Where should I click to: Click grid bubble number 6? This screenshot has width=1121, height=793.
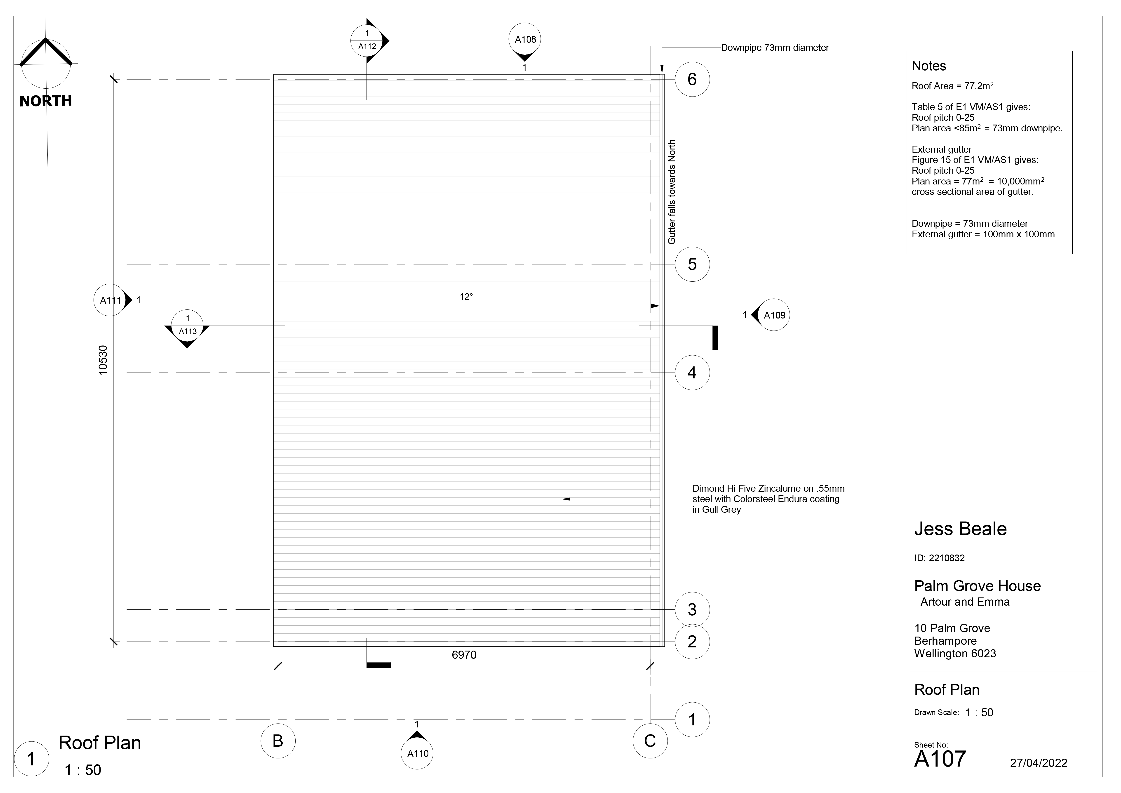pos(692,79)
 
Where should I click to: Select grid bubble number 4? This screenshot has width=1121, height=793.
pos(692,373)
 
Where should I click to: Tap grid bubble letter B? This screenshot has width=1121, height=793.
pos(278,741)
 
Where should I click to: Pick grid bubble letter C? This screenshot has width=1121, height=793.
pos(650,741)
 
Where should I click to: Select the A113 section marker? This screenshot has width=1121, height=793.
pos(188,326)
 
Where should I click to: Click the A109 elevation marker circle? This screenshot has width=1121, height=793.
pos(774,315)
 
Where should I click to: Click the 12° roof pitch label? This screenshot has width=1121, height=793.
pos(466,296)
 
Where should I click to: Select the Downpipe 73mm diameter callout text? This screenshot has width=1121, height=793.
pos(775,48)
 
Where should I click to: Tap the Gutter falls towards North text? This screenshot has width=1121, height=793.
pos(672,192)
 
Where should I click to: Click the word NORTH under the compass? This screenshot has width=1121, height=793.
pos(45,101)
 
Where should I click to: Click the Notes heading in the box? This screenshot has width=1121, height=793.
pos(929,66)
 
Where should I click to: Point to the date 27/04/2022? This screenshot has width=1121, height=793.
pos(1039,763)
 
